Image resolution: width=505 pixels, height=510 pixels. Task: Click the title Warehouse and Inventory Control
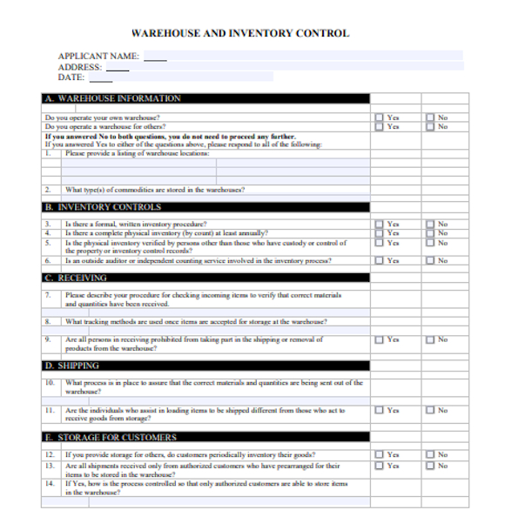click(x=239, y=34)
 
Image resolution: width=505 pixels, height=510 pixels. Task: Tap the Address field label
click(x=80, y=67)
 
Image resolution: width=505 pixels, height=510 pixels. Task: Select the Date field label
click(x=71, y=77)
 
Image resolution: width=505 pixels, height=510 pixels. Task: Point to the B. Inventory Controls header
click(x=102, y=208)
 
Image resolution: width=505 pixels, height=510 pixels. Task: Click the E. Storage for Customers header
click(x=111, y=438)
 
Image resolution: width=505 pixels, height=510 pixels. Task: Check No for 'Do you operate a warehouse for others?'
click(x=430, y=127)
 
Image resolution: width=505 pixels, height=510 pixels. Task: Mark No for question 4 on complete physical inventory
click(x=430, y=233)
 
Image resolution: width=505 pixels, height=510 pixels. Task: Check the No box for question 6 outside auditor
click(x=430, y=260)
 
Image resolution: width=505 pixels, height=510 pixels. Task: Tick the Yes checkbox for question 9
click(x=379, y=339)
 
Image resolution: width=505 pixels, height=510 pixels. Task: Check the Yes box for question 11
click(x=379, y=410)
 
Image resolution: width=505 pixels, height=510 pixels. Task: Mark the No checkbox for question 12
click(x=430, y=455)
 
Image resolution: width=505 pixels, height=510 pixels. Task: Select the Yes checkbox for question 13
click(x=379, y=465)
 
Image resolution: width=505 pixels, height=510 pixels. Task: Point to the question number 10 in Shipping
click(x=50, y=383)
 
